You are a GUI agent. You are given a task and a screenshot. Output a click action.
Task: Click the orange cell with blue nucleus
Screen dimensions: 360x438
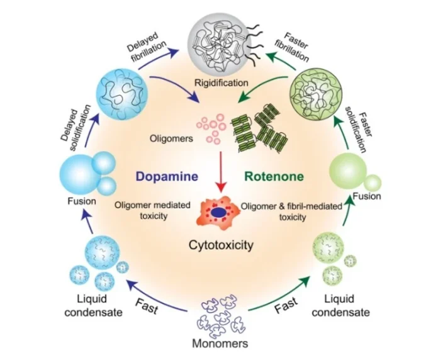(218, 214)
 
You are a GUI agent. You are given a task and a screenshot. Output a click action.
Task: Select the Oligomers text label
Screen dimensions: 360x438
(169, 137)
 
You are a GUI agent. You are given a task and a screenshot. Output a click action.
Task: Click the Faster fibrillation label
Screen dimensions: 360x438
(290, 45)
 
